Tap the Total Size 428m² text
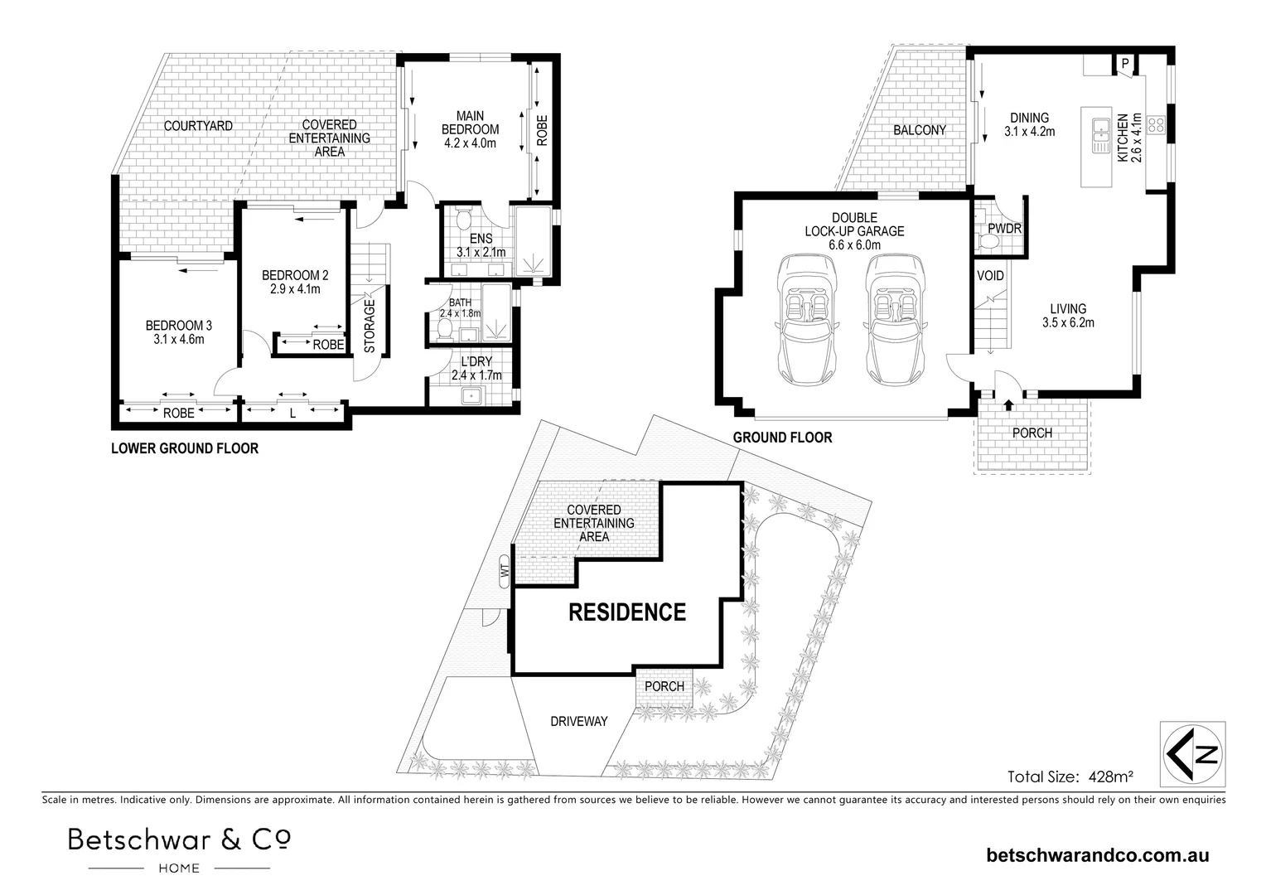tap(1070, 777)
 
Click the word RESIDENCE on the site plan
tap(626, 612)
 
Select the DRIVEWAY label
tap(579, 721)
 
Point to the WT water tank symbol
tap(503, 571)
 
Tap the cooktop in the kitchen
tap(1157, 125)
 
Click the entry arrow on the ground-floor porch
tap(1008, 404)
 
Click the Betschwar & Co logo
tap(179, 849)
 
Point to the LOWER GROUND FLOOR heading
tap(185, 448)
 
